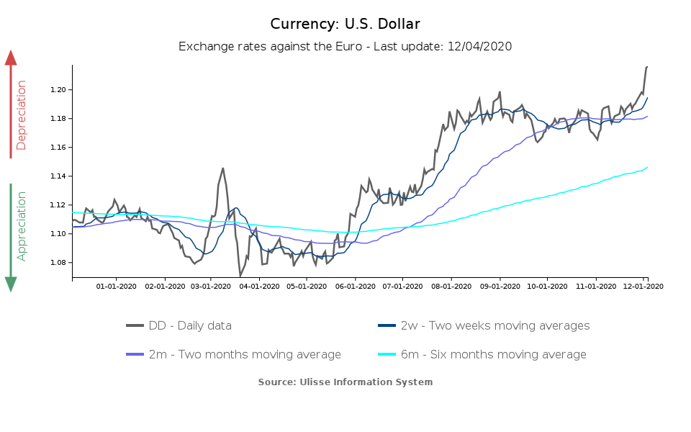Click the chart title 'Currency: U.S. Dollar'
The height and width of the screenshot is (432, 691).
pos(345,24)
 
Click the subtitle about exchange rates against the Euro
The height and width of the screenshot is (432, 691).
pos(345,47)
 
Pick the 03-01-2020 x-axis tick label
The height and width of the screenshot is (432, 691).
pos(210,286)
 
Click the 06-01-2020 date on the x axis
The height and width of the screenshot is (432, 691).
pos(355,286)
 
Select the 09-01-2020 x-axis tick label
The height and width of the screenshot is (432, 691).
pos(500,286)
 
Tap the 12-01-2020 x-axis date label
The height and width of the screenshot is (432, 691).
pos(643,286)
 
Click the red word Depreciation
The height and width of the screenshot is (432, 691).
pos(22,115)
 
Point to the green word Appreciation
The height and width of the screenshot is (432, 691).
pos(22,225)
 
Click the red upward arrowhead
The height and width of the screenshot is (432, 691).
pos(11,57)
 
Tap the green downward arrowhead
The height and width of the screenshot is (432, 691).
pos(11,284)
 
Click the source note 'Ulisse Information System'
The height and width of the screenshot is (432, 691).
pos(345,382)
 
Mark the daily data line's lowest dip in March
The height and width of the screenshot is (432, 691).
pos(240,276)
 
